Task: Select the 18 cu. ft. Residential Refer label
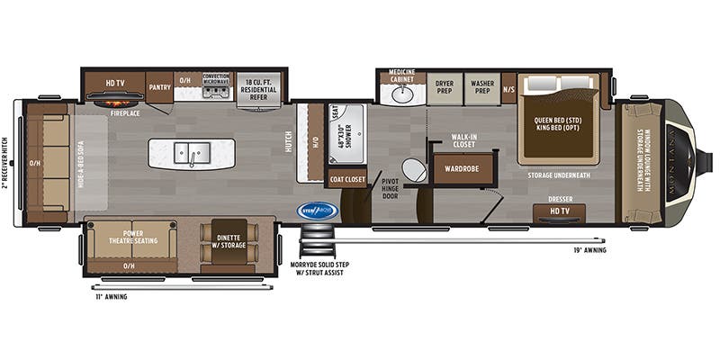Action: pos(263,85)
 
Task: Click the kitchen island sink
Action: pos(192,153)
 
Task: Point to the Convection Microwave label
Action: pos(216,79)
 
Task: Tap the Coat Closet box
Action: pos(346,179)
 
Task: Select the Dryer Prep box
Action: pos(444,87)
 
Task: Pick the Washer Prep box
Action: pos(482,87)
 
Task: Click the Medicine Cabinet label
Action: pos(401,75)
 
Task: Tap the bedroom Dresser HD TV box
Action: pos(558,212)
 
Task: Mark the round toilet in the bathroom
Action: pos(414,171)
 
